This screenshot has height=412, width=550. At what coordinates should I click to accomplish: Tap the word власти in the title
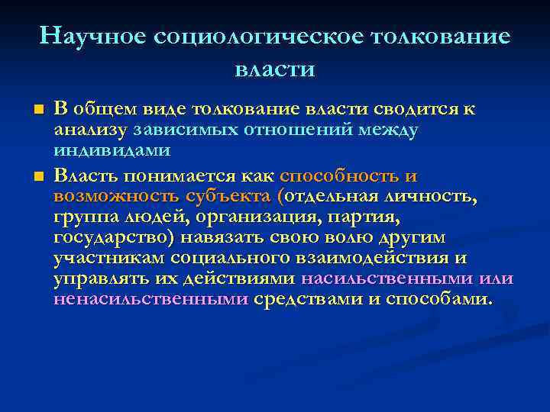pos(274,69)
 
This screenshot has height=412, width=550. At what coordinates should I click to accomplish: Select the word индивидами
pos(112,150)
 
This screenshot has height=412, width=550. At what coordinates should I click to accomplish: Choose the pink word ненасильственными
pos(150,300)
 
